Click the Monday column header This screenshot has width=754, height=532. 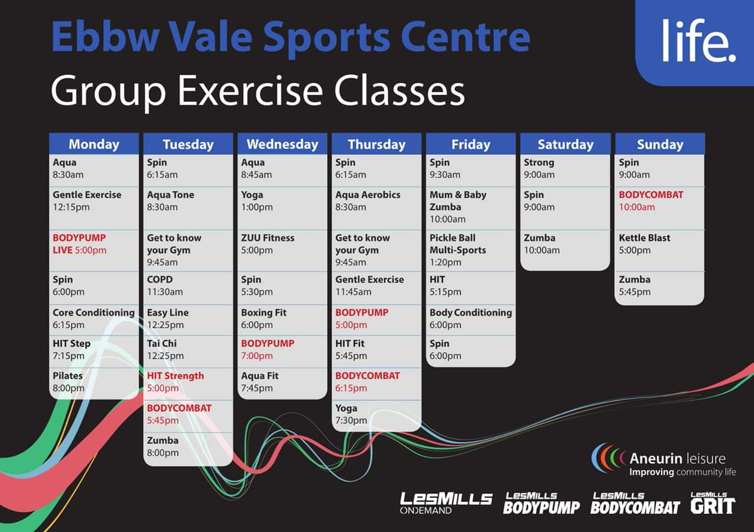pos(94,144)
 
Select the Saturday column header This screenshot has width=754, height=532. pos(565,144)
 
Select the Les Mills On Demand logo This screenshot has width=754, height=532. pos(445,502)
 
